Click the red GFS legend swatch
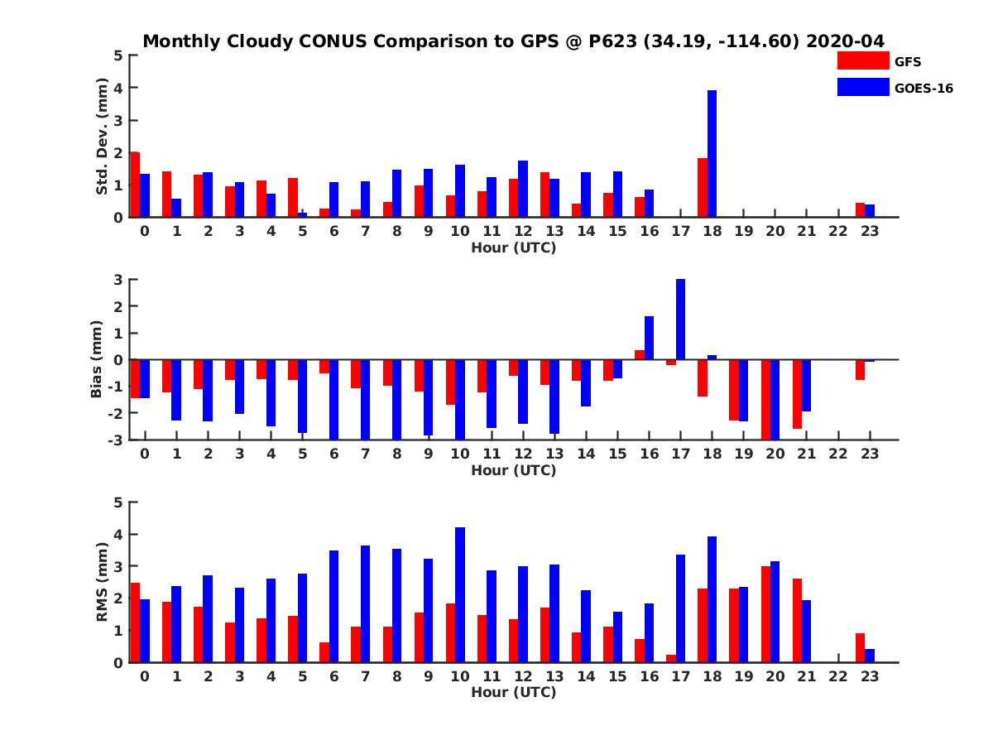pyautogui.click(x=862, y=60)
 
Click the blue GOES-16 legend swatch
pyautogui.click(x=862, y=87)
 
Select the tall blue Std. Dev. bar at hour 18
pyautogui.click(x=712, y=154)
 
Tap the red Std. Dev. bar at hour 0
pyautogui.click(x=135, y=185)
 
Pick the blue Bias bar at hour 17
pyautogui.click(x=680, y=320)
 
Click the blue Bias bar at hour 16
pyautogui.click(x=649, y=338)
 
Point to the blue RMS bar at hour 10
pyautogui.click(x=460, y=594)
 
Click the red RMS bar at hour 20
pyautogui.click(x=765, y=614)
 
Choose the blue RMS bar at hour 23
pyautogui.click(x=870, y=656)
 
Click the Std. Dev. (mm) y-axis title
pyautogui.click(x=103, y=137)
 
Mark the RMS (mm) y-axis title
pyautogui.click(x=103, y=582)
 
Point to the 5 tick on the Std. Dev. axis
pyautogui.click(x=119, y=55)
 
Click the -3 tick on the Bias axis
pyautogui.click(x=117, y=440)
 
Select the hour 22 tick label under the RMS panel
pyautogui.click(x=838, y=676)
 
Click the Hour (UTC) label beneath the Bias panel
pyautogui.click(x=513, y=470)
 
